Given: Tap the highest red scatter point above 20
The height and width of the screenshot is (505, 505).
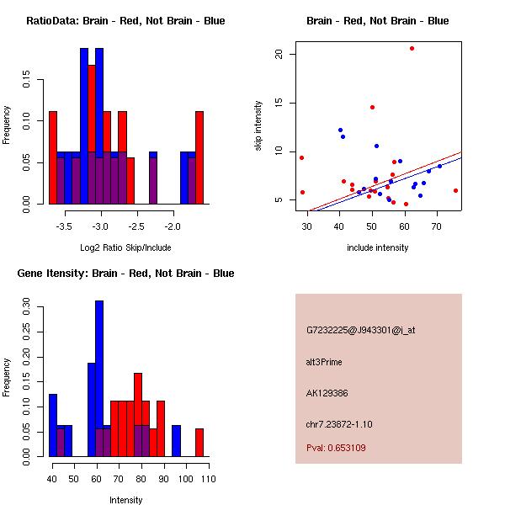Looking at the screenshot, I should tap(412, 48).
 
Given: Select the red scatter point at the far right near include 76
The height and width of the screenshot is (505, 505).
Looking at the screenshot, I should tap(455, 190).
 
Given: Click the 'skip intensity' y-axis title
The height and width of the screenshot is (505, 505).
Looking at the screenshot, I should tap(258, 126).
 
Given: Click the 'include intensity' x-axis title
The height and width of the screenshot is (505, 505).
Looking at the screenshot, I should tap(377, 247).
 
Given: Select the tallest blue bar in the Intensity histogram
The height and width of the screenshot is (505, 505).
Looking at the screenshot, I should tap(99, 379).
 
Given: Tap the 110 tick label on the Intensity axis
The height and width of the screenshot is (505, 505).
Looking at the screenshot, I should tap(207, 479).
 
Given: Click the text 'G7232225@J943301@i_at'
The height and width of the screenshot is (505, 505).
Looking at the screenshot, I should tap(361, 330).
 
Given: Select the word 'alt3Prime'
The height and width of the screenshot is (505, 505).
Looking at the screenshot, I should tap(324, 362).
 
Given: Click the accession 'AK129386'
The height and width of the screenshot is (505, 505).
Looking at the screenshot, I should tap(327, 393).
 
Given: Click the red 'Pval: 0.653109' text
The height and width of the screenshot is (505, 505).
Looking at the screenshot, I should tap(336, 448).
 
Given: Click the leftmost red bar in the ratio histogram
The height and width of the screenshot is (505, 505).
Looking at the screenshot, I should tap(52, 157).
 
